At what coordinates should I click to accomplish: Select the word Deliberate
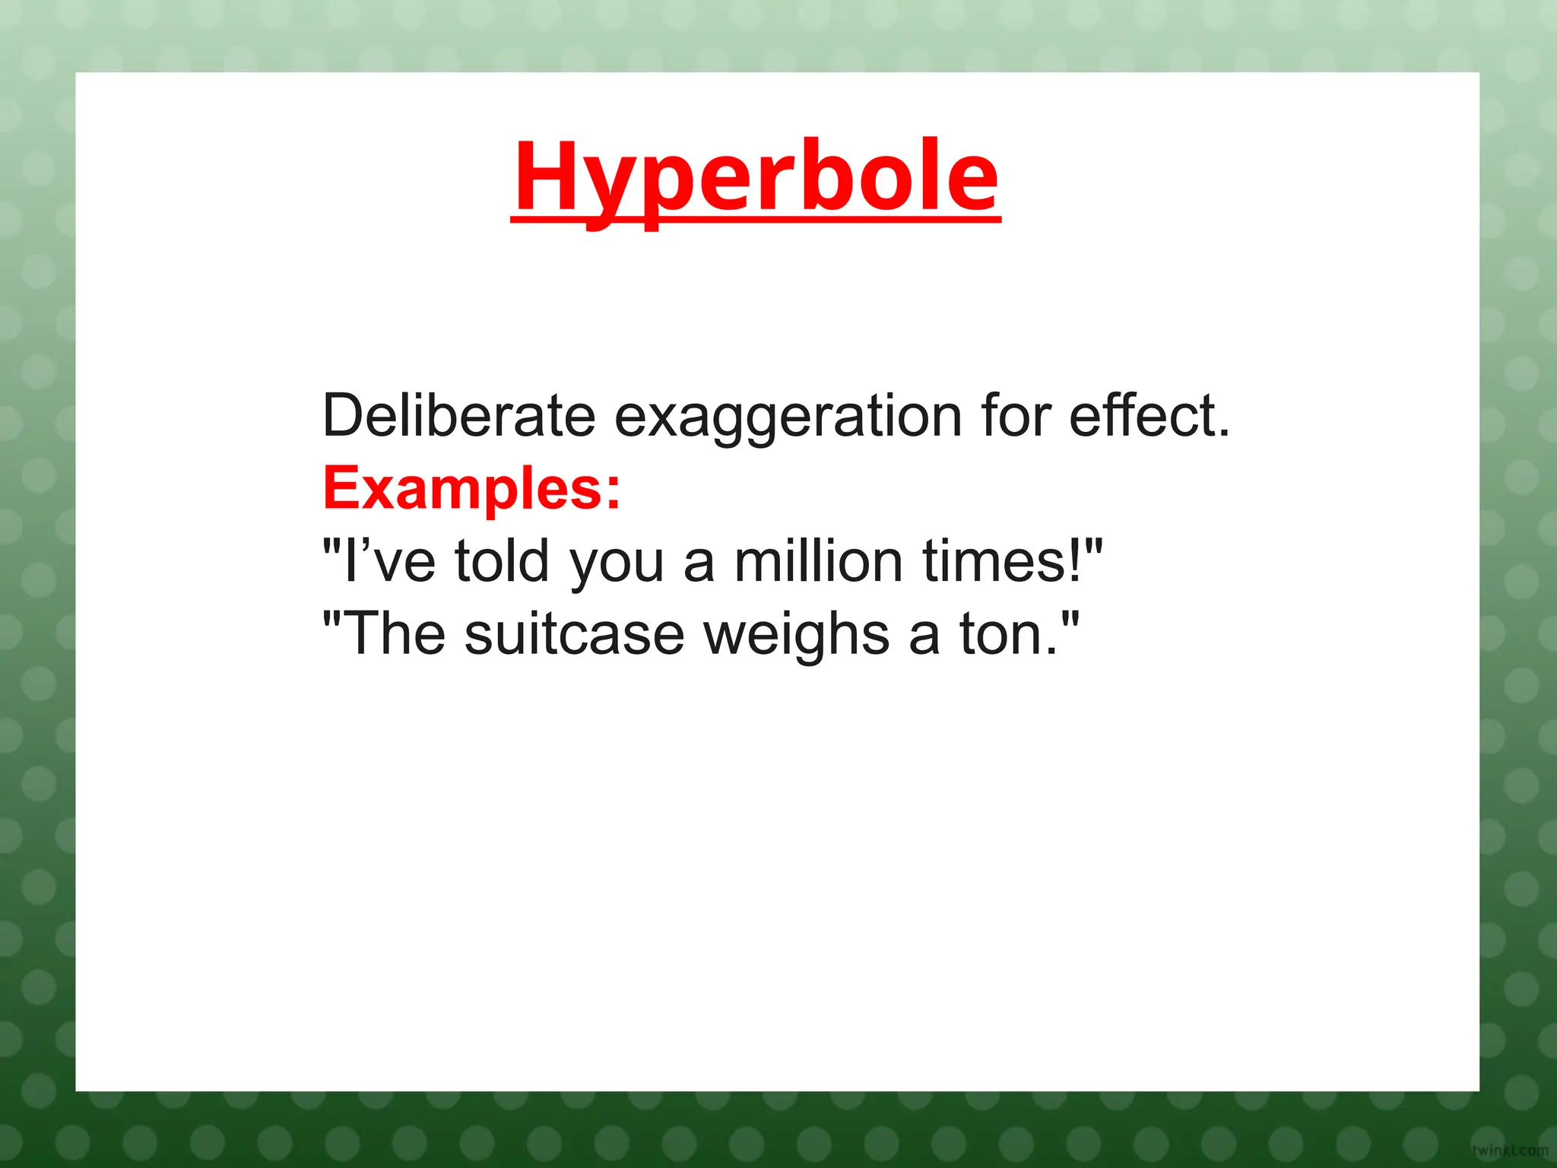point(458,416)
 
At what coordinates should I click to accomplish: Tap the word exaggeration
point(788,417)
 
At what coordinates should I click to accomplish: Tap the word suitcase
point(575,634)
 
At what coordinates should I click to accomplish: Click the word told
point(502,561)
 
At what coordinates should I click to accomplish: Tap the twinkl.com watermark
point(1510,1151)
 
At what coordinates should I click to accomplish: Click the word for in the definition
point(1015,416)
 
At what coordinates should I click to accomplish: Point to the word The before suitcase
point(395,634)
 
